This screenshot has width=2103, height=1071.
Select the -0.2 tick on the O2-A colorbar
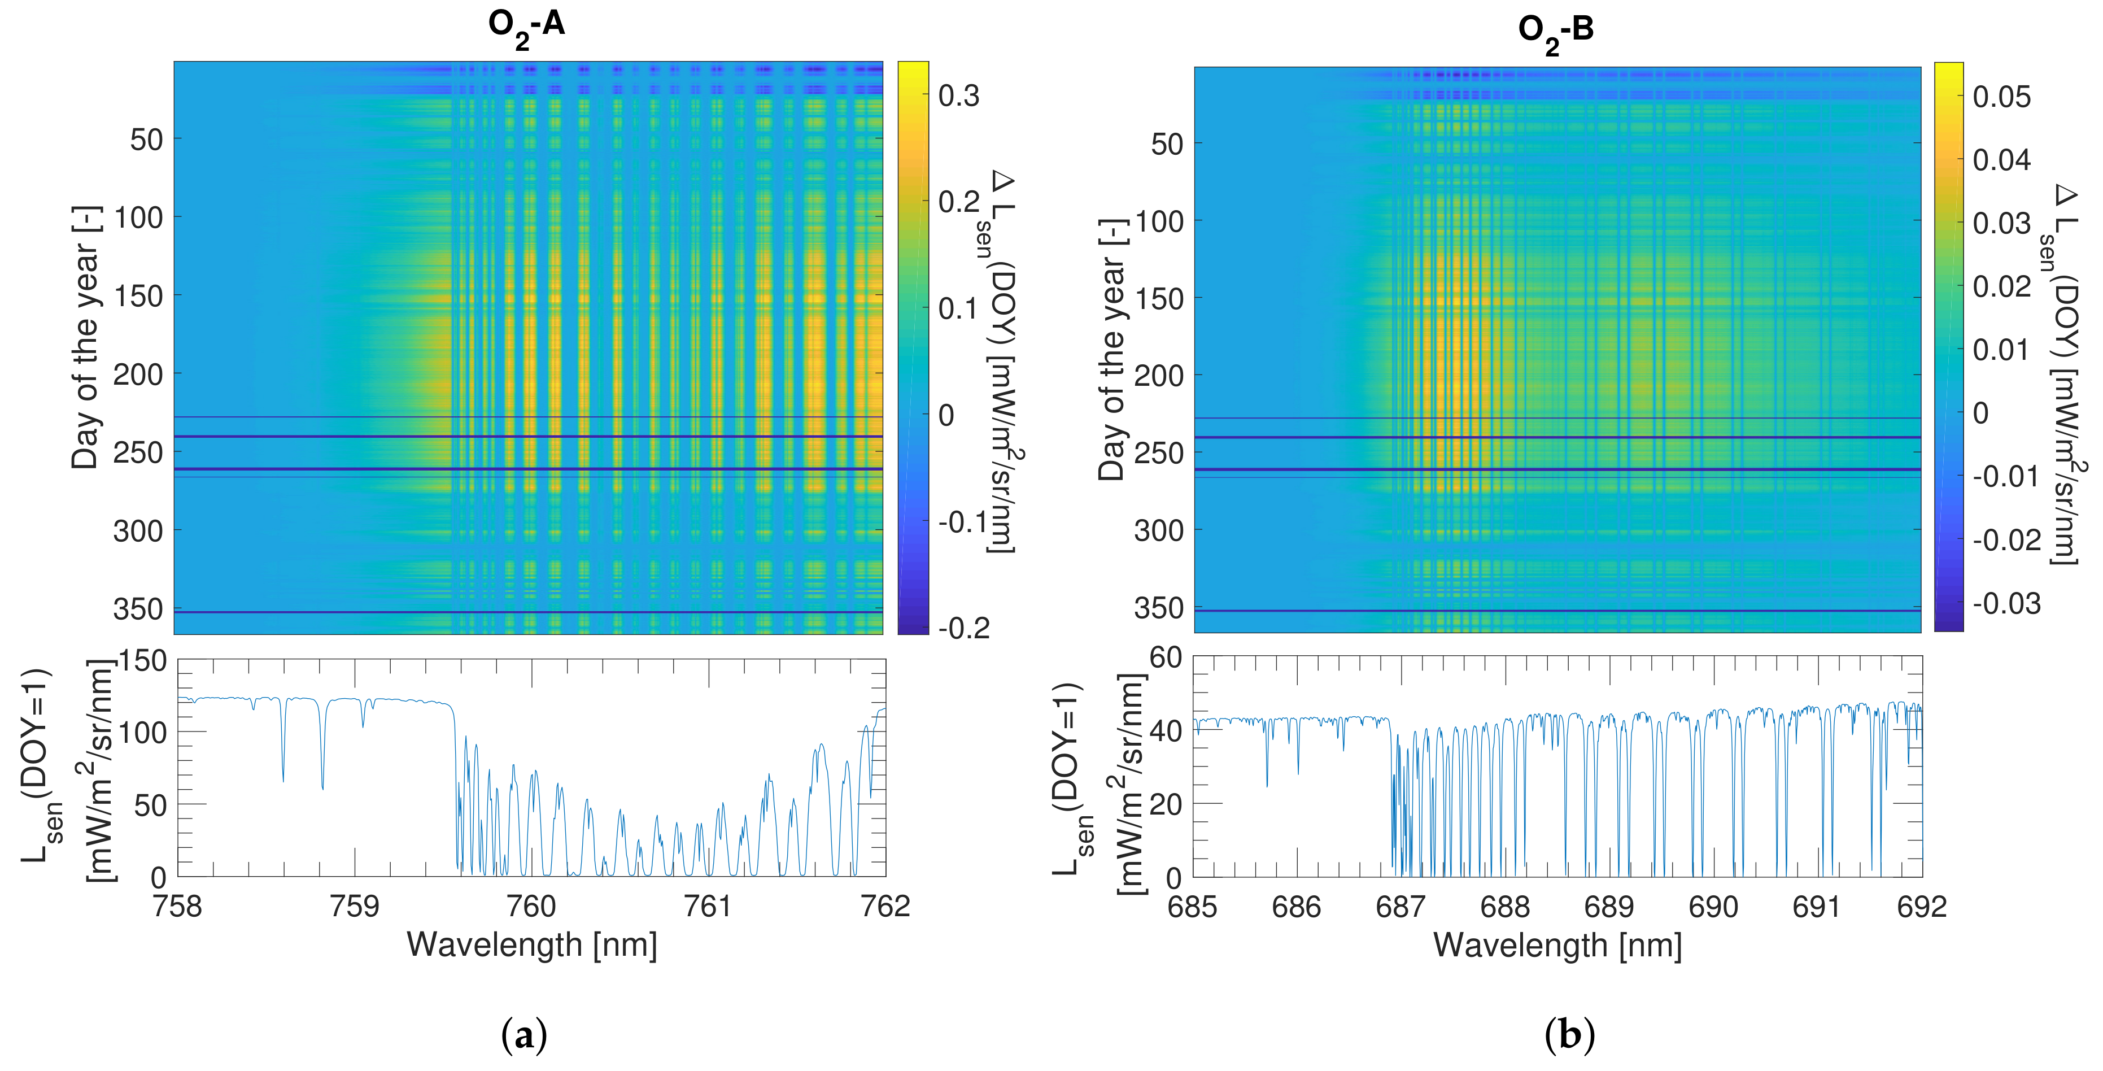pos(963,627)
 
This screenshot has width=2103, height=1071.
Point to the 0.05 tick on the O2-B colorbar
pos(2001,97)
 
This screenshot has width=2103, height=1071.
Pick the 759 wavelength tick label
pos(354,906)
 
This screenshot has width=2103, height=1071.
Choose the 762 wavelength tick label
pos(885,906)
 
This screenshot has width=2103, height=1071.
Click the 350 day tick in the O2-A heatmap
pos(138,609)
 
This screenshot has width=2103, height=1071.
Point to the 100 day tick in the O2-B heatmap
pos(1158,221)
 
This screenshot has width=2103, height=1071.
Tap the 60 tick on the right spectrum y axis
pos(1165,657)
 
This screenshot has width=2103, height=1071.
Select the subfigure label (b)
pos(1569,1035)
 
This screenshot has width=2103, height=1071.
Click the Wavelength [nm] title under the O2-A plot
pos(531,944)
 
